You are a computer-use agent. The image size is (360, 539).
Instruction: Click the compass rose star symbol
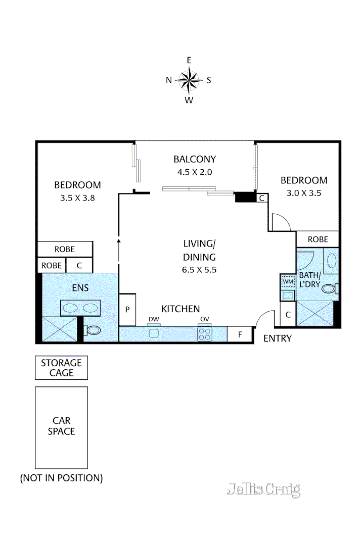(189, 80)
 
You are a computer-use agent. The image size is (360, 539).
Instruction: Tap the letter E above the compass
(189, 60)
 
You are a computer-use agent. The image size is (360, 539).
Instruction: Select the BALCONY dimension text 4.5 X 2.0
(194, 172)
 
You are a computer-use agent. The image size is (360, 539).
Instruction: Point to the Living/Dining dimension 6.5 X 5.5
(199, 269)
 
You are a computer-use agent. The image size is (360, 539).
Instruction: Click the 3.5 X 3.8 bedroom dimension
(77, 198)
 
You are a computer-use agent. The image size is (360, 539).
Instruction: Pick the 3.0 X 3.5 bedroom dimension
(304, 192)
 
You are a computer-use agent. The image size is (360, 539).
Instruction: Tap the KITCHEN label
(181, 309)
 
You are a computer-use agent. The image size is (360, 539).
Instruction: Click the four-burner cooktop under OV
(205, 333)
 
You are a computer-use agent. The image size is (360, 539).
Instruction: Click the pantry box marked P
(127, 309)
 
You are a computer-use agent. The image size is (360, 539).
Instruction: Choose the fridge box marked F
(240, 334)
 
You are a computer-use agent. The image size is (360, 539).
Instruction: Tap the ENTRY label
(278, 338)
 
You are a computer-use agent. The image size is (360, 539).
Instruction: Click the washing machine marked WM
(288, 281)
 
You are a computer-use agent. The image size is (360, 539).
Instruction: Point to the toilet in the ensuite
(93, 330)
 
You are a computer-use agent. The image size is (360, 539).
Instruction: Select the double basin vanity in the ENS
(80, 307)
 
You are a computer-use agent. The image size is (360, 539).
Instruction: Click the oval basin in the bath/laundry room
(331, 261)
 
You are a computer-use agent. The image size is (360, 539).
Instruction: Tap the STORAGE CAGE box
(61, 368)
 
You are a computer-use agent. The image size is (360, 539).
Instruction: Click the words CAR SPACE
(61, 426)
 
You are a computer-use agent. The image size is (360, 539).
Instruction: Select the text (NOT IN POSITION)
(61, 478)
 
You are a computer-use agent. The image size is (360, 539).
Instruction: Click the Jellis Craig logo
(263, 489)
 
